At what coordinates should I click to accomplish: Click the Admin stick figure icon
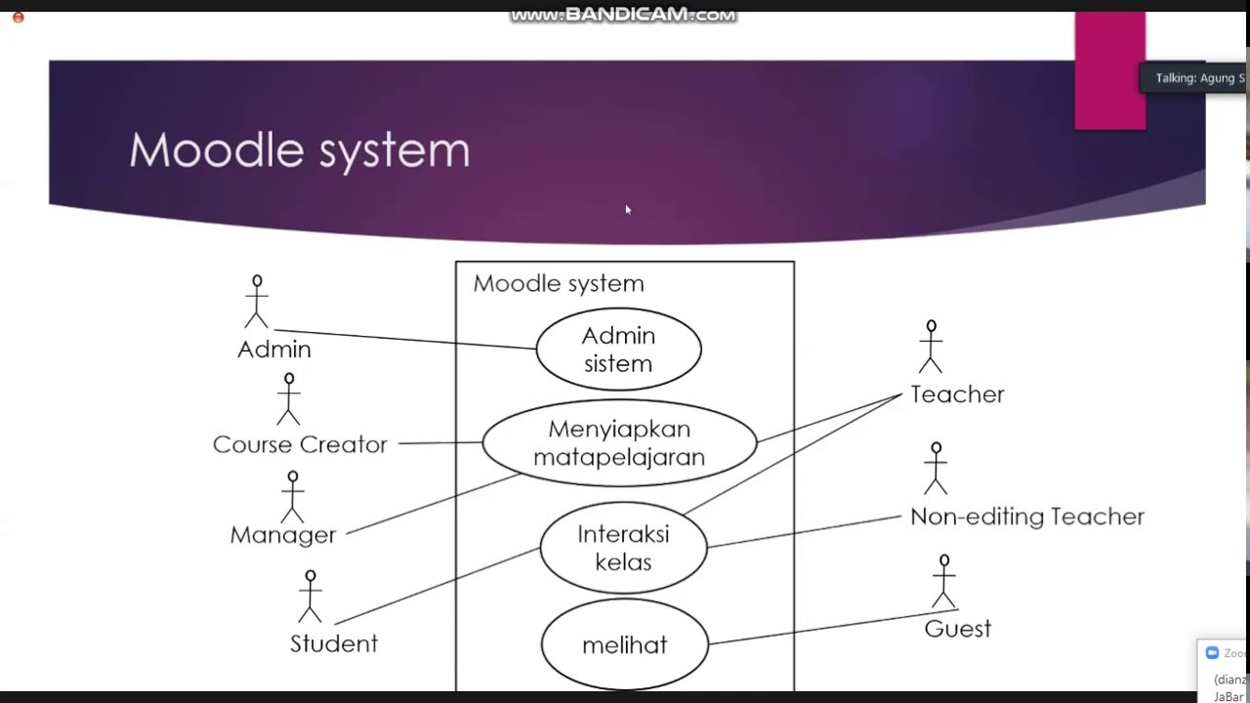[x=257, y=302]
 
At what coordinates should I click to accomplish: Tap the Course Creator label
[x=300, y=444]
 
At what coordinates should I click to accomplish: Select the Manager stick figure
[x=292, y=497]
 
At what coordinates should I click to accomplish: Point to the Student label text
[x=334, y=643]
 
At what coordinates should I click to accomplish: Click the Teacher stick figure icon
[x=931, y=347]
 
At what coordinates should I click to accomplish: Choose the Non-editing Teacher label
[x=1026, y=517]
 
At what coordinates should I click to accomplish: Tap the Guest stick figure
[x=943, y=582]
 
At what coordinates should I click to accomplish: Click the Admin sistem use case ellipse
[x=618, y=350]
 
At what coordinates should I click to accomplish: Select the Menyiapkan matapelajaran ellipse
[x=619, y=442]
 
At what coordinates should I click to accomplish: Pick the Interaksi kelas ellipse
[x=623, y=548]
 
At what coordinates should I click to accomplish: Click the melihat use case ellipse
[x=624, y=644]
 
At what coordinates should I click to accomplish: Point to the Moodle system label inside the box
[x=559, y=284]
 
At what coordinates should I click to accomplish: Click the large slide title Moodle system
[x=299, y=150]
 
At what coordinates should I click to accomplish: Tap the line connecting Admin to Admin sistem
[x=405, y=339]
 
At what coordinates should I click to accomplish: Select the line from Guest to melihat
[x=830, y=627]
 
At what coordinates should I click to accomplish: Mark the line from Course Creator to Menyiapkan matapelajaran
[x=439, y=443]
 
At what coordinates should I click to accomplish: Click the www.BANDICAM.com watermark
[x=623, y=15]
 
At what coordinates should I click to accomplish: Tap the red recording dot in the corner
[x=18, y=17]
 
